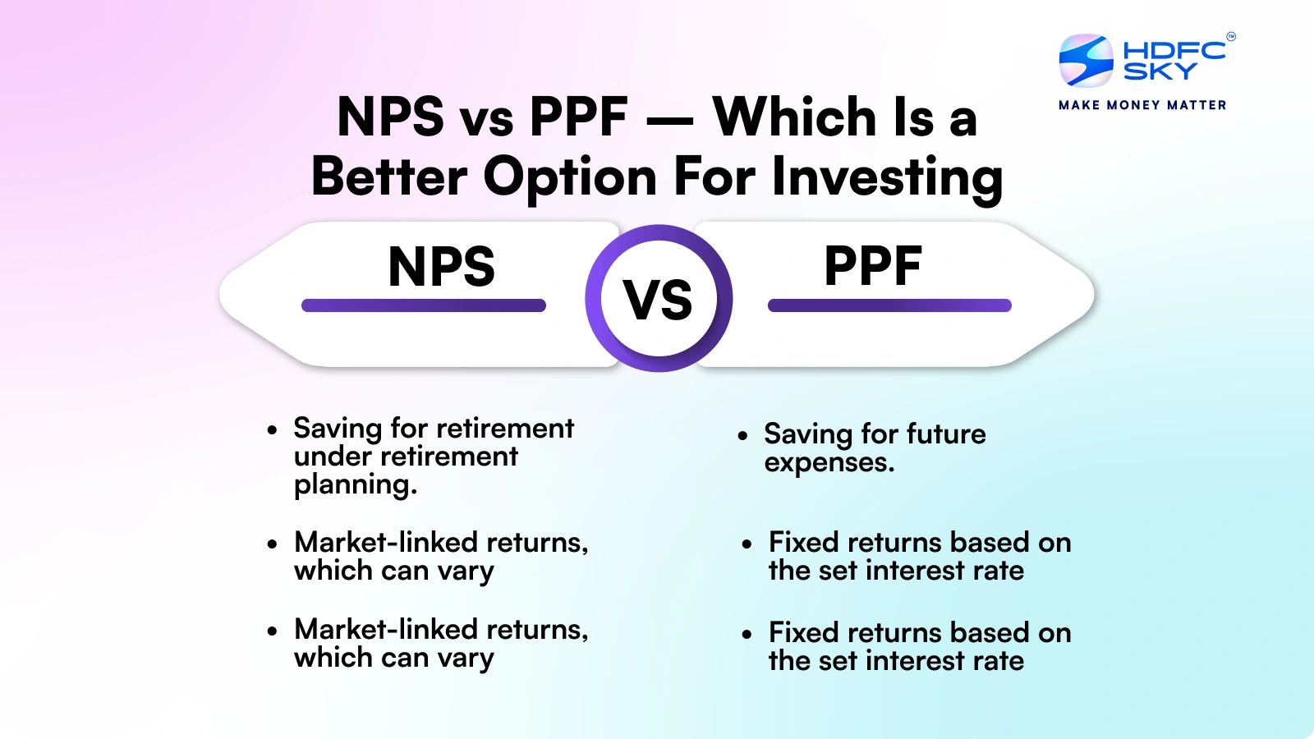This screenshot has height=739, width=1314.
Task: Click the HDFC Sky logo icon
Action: tap(1086, 60)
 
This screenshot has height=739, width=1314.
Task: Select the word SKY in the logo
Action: tap(1160, 72)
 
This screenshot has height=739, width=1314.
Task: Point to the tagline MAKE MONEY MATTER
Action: tap(1142, 105)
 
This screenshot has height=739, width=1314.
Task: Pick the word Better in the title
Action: tap(389, 177)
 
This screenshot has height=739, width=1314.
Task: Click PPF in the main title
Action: tap(578, 117)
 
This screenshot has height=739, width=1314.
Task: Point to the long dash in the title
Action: tap(670, 122)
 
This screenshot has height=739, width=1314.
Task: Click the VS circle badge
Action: tap(659, 299)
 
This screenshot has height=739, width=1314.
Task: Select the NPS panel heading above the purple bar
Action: tap(441, 267)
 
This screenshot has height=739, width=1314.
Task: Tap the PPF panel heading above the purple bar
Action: tap(873, 267)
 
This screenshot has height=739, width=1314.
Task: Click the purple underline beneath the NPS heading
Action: tap(424, 305)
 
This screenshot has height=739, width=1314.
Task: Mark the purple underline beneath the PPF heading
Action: tap(889, 305)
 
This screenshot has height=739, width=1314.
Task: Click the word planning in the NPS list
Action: tap(355, 485)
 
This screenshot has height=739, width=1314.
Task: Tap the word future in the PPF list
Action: tap(944, 434)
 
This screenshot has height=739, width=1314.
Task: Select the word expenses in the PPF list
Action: tap(829, 463)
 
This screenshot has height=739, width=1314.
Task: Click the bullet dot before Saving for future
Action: tap(742, 435)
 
